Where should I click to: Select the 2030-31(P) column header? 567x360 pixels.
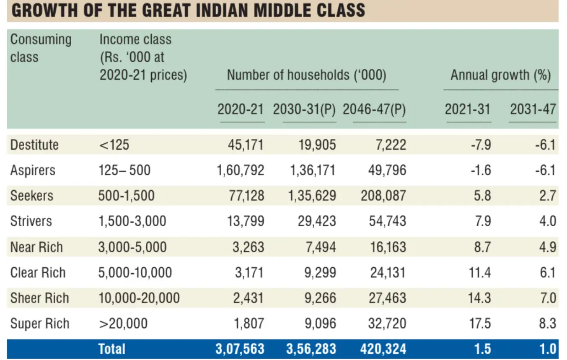(304, 109)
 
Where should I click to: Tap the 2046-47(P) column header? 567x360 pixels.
(374, 109)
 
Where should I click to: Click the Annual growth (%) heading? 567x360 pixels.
(500, 75)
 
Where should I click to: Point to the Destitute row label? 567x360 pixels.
(34, 145)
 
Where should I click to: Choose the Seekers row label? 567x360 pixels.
(32, 196)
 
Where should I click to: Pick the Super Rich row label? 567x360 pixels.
(40, 324)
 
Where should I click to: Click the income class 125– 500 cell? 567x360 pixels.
(124, 171)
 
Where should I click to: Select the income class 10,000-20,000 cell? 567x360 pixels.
(139, 298)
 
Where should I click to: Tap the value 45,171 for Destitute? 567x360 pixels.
(246, 145)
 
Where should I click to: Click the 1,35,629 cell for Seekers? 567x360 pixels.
(312, 196)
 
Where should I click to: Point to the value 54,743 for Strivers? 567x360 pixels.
(388, 221)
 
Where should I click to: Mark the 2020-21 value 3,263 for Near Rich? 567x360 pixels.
(249, 247)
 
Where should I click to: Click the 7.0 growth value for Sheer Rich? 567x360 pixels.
(547, 298)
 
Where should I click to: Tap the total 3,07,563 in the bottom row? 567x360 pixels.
(241, 349)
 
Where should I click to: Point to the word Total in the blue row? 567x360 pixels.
(111, 349)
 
